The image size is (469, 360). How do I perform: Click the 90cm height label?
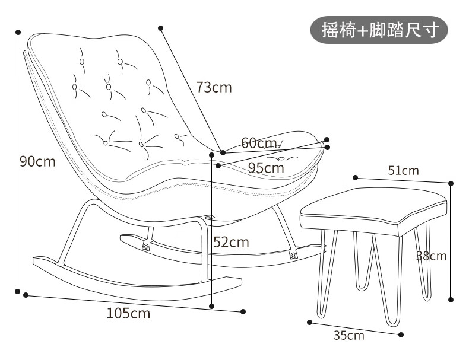37,162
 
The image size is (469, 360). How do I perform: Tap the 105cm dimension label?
128,313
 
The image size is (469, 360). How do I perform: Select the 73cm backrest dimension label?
214,87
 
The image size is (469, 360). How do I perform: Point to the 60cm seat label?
259,143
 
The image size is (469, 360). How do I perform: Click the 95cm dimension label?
266,168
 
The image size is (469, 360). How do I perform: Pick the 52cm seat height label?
231,242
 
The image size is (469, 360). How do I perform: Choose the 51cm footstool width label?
404,171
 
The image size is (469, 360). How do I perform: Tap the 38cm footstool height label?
432,256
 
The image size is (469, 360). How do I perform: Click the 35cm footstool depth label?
348,336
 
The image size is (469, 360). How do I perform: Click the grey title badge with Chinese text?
379,30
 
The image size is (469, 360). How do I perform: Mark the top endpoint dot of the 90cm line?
18,32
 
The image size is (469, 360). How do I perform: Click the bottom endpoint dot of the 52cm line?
212,306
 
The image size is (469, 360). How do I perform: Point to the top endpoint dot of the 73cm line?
161,28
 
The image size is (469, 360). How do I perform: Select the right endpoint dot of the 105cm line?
243,311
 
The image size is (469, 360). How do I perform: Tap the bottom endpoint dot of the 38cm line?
451,300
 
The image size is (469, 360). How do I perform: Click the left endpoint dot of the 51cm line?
356,178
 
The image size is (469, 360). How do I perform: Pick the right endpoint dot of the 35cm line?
401,335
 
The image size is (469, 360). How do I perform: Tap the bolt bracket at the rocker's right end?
293,255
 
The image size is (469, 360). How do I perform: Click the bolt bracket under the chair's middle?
146,246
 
